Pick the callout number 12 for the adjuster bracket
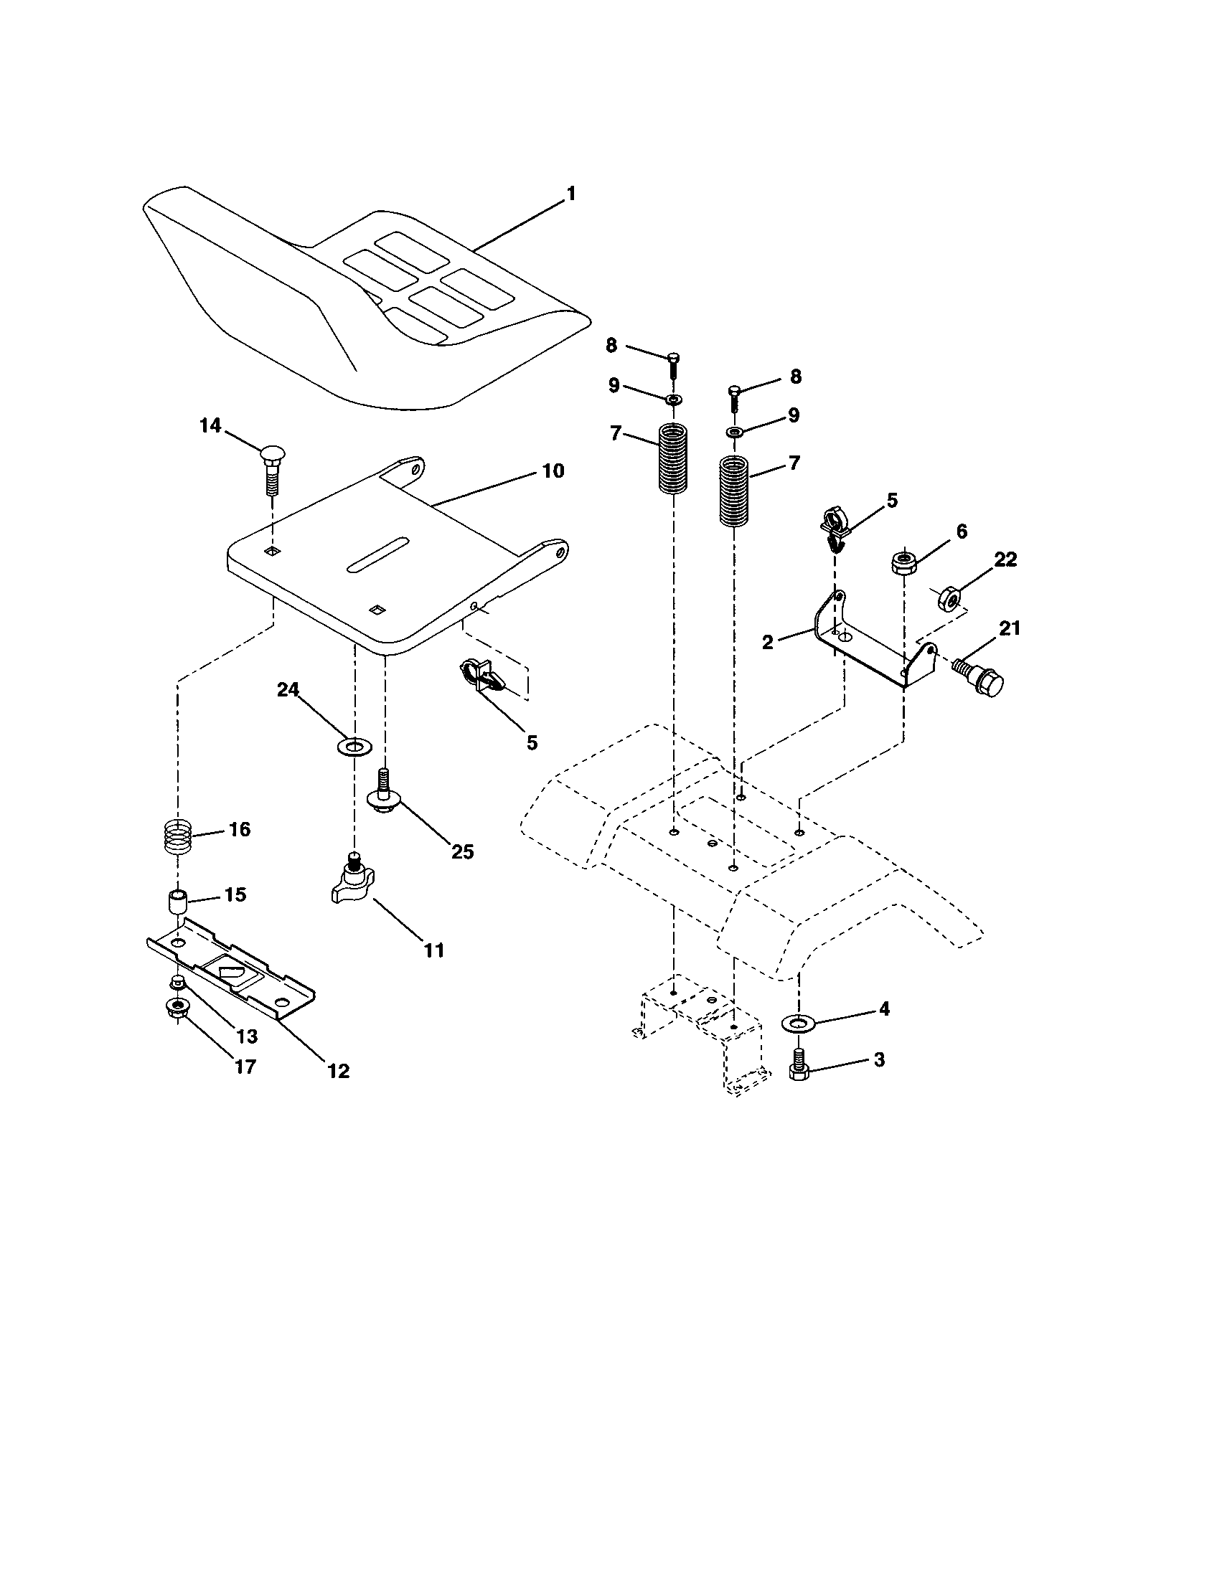[x=338, y=1071]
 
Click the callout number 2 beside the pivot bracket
[x=768, y=642]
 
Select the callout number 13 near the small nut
[x=246, y=1036]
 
